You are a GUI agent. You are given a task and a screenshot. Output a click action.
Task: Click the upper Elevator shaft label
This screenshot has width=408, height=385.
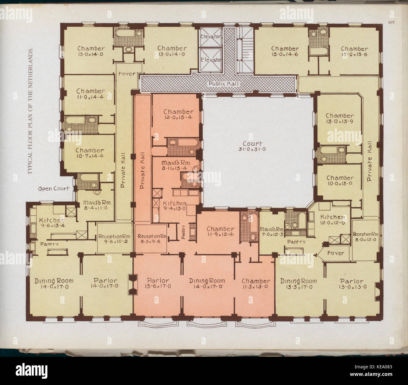[211, 37]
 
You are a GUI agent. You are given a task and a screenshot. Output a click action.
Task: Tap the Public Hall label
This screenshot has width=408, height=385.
[224, 84]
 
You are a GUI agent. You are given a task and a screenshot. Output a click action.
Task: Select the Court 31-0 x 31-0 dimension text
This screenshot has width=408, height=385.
[252, 146]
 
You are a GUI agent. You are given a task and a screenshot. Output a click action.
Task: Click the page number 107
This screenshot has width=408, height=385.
[391, 22]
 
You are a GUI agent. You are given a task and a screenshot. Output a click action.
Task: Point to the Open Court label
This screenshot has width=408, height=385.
[54, 189]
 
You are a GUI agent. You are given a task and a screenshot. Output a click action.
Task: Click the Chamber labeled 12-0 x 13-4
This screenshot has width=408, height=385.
[178, 114]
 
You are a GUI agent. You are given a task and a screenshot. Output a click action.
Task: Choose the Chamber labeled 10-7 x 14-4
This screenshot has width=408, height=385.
[90, 153]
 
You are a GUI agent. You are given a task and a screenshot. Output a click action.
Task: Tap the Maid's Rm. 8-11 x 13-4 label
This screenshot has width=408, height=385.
[176, 165]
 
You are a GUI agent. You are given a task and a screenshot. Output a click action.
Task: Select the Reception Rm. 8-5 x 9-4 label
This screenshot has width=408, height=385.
[152, 239]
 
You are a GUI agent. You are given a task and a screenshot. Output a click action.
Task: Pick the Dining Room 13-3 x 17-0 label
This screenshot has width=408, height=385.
[298, 284]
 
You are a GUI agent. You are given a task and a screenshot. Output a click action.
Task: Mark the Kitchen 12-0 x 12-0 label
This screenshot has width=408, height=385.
[332, 220]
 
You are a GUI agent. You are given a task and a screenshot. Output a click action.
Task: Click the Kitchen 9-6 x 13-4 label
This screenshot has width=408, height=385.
[52, 223]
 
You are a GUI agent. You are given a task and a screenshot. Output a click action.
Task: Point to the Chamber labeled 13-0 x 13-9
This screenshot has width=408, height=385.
[340, 118]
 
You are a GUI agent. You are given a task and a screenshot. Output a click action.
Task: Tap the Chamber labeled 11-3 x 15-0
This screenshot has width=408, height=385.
[256, 284]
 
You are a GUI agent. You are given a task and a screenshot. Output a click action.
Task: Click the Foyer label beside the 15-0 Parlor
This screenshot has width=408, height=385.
[336, 253]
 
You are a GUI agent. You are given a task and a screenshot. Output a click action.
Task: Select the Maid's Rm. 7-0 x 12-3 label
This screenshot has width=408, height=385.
[272, 231]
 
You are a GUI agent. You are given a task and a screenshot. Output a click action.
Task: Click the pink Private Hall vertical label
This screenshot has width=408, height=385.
[142, 171]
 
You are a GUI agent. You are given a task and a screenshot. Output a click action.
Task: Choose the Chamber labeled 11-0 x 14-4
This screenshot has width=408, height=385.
[91, 94]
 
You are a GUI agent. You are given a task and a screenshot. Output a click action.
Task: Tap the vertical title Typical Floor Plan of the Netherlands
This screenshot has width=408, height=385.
[30, 111]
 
